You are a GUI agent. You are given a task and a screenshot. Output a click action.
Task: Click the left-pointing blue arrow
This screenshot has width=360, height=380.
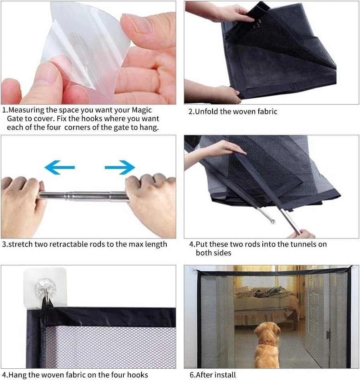59,167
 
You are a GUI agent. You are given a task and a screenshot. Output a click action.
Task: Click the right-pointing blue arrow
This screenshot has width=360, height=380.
120,167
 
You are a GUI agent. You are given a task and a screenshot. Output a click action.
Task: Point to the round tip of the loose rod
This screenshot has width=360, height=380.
273,221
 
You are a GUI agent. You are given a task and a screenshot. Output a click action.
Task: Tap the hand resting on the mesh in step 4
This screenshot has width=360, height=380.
225,150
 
